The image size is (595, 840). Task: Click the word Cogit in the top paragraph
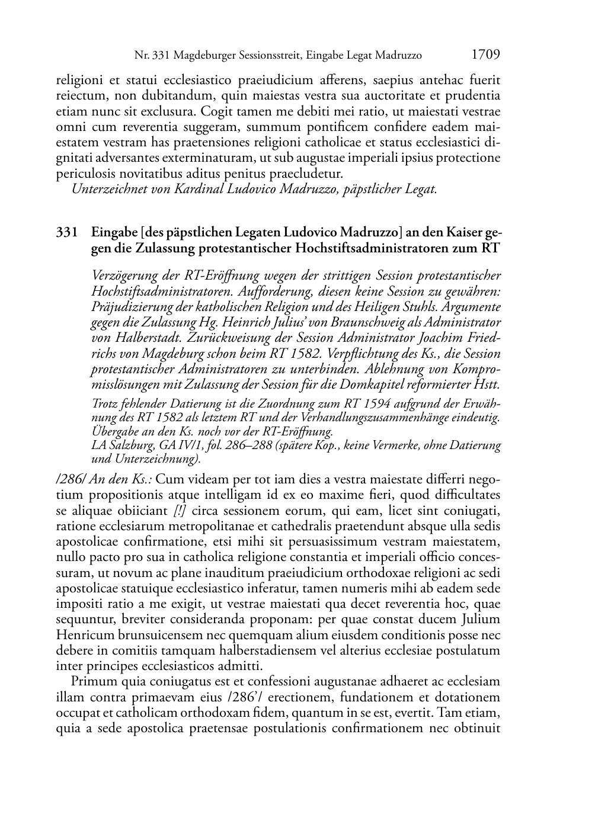pyautogui.click(x=216, y=111)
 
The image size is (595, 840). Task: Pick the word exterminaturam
pyautogui.click(x=209, y=158)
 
